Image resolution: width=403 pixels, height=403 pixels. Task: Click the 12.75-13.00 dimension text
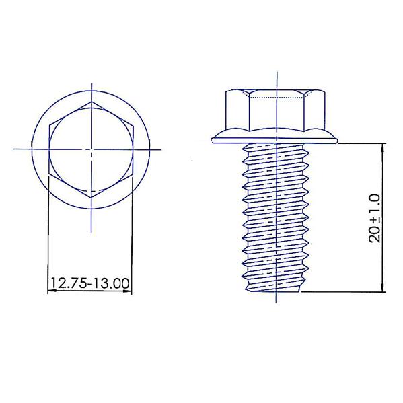[x=89, y=283]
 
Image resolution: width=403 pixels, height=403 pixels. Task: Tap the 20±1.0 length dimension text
[x=375, y=219]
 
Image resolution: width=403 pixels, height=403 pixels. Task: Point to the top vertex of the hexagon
[x=91, y=102]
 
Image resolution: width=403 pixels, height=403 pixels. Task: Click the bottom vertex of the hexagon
[x=91, y=197]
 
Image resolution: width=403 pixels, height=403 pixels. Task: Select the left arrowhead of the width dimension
[x=52, y=291]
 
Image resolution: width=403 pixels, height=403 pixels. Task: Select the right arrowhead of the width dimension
[x=127, y=291]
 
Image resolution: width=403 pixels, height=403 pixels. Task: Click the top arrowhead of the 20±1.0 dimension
[x=383, y=148]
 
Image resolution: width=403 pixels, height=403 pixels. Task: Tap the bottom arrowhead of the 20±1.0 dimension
[x=383, y=287]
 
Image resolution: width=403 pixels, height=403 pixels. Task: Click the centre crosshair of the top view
[x=91, y=149]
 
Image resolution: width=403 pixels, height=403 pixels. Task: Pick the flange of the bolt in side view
[x=274, y=136]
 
